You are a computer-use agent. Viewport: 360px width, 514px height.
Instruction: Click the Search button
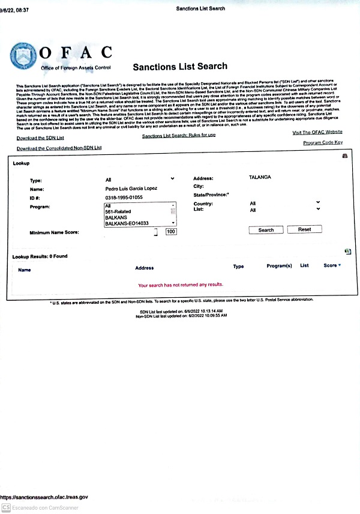(266, 230)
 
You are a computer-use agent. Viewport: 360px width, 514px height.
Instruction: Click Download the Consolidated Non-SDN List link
(59, 148)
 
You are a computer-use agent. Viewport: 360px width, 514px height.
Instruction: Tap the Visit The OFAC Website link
(317, 132)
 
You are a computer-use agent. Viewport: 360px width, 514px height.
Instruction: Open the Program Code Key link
(323, 142)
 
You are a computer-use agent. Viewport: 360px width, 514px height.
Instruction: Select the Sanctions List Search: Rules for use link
(179, 136)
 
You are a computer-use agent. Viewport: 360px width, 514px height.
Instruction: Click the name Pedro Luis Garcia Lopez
(132, 189)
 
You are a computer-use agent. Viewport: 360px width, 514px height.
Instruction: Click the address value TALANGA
(259, 178)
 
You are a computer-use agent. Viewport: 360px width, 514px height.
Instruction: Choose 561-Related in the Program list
(119, 211)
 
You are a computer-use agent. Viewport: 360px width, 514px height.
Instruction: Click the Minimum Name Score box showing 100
(170, 232)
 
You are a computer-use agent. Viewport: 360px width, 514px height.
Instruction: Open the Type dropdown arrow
(172, 179)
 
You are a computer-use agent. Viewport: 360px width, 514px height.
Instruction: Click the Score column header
(331, 265)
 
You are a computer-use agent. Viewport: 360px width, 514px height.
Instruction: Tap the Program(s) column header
(279, 265)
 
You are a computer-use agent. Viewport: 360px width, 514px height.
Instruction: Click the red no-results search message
(180, 285)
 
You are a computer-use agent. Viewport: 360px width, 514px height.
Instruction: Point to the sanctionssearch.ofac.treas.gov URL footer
(44, 497)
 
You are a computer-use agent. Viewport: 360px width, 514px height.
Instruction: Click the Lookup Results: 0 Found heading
(40, 256)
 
